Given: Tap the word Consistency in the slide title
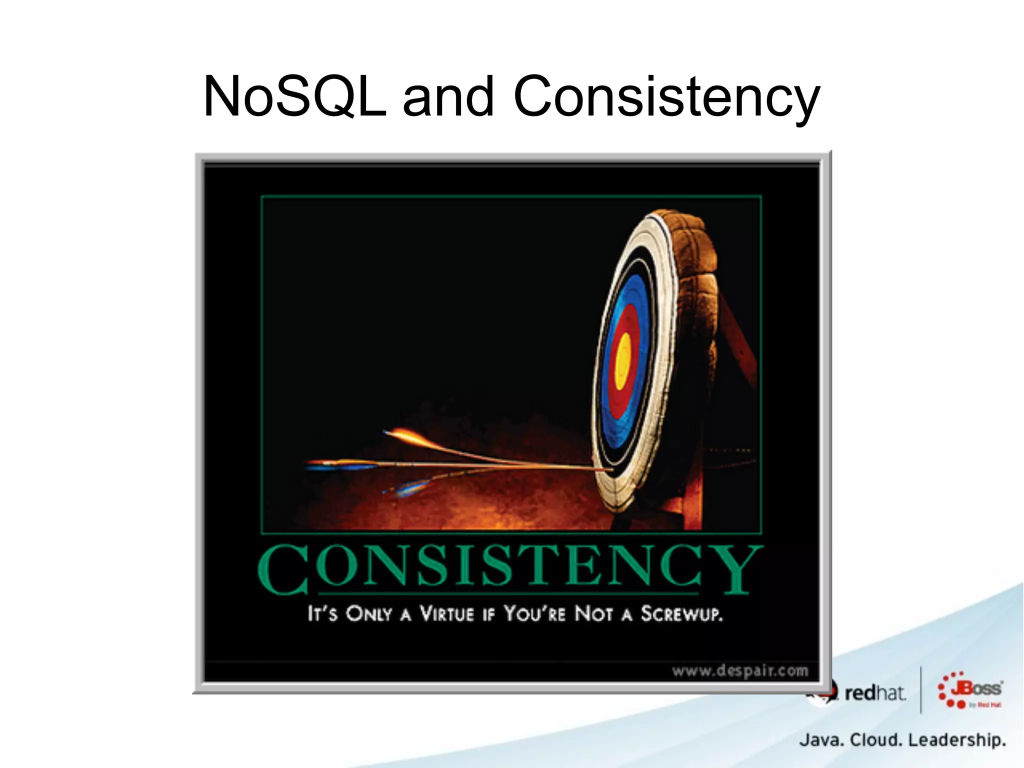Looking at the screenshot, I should click(666, 96).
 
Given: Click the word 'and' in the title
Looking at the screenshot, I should click(448, 96).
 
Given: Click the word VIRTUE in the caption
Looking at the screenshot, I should click(446, 613).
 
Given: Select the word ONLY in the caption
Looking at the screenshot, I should click(369, 613).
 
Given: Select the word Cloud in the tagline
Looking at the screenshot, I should click(877, 739).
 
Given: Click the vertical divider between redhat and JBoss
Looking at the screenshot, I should click(921, 690).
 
